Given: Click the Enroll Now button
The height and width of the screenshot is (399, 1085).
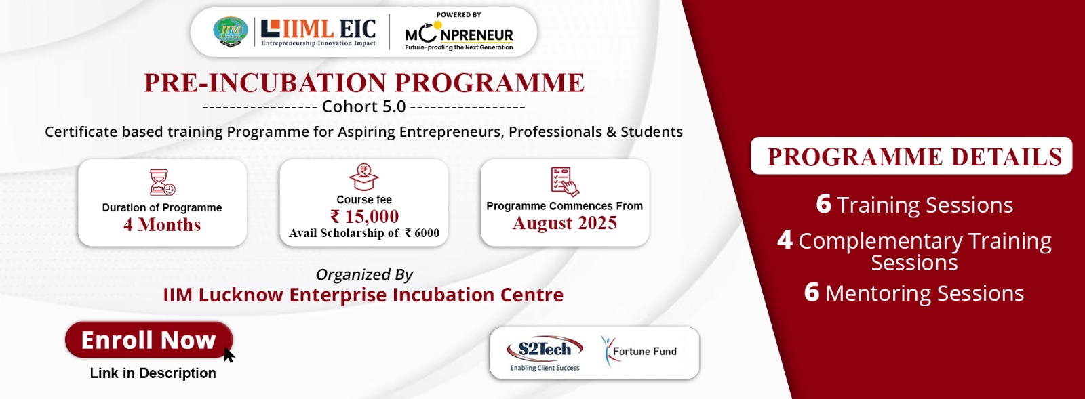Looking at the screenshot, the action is click(x=149, y=340).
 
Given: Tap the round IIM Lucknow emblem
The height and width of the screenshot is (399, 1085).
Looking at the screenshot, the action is click(x=231, y=31).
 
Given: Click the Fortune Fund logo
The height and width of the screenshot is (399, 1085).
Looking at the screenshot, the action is click(x=639, y=351).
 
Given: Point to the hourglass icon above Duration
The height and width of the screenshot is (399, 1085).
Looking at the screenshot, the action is click(x=162, y=182).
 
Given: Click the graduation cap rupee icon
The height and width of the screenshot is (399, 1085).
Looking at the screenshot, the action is click(x=363, y=177).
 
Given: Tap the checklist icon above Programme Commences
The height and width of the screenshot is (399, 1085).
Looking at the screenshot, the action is click(x=565, y=182).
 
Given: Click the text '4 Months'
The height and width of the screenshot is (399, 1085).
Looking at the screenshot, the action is click(x=162, y=225).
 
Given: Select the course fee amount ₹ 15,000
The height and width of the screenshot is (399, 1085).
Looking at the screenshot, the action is click(x=364, y=216).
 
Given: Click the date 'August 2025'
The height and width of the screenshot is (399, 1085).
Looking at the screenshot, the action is click(x=565, y=223).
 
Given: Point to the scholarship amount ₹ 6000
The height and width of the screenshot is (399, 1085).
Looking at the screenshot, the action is click(x=422, y=233).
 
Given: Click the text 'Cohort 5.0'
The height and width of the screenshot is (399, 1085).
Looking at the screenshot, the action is click(x=363, y=106).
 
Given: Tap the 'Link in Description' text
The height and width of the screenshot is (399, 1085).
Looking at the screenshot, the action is click(x=153, y=373).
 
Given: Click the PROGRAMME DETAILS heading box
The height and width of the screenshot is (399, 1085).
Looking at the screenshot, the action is click(x=911, y=156).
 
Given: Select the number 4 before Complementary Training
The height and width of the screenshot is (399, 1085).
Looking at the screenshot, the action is click(x=785, y=240).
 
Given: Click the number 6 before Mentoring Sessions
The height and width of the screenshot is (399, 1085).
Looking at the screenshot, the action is click(x=812, y=292).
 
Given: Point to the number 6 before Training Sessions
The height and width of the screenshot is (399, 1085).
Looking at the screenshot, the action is click(x=823, y=204).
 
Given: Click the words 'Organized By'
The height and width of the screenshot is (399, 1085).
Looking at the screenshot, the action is click(x=364, y=274).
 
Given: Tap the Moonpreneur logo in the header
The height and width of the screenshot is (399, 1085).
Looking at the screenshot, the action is click(x=458, y=32).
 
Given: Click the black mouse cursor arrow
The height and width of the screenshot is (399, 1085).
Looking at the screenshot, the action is click(x=229, y=354).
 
